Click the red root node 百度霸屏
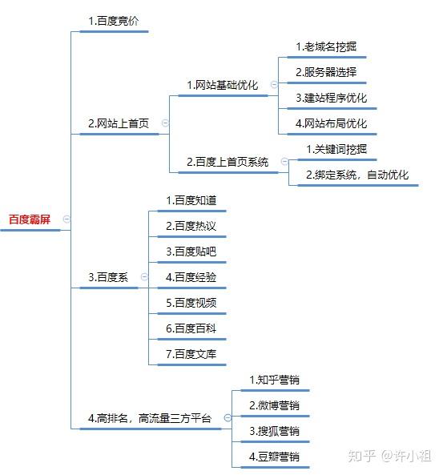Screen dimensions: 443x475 (x=30, y=219)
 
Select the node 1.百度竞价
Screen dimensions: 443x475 (x=113, y=21)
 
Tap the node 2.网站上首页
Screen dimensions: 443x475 (x=119, y=123)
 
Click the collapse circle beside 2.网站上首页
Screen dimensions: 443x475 (x=165, y=123)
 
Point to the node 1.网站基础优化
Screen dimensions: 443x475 (x=222, y=85)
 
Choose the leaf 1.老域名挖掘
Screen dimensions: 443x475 (x=326, y=46)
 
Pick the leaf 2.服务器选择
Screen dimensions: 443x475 (x=326, y=72)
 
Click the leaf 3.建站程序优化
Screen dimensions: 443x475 (x=331, y=98)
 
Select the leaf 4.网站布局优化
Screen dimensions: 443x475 (x=331, y=123)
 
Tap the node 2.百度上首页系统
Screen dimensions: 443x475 (x=228, y=162)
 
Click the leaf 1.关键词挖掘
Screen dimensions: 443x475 (x=336, y=149)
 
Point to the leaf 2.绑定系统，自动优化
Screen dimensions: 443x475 (x=357, y=175)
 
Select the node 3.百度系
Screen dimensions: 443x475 (x=108, y=277)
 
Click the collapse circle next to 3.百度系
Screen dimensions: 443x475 (x=144, y=276)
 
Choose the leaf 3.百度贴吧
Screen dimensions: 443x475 (x=191, y=252)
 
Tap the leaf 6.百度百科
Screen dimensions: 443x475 (x=191, y=328)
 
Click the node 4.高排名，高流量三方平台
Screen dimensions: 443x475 (x=150, y=418)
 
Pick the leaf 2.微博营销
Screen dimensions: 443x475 (x=274, y=405)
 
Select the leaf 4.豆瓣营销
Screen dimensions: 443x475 (x=274, y=457)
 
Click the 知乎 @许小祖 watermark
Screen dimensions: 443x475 (x=389, y=456)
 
